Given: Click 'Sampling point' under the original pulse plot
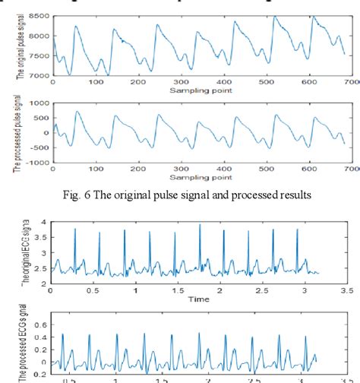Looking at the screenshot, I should click(x=201, y=90).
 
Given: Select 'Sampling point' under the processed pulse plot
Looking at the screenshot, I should click(x=201, y=176).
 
